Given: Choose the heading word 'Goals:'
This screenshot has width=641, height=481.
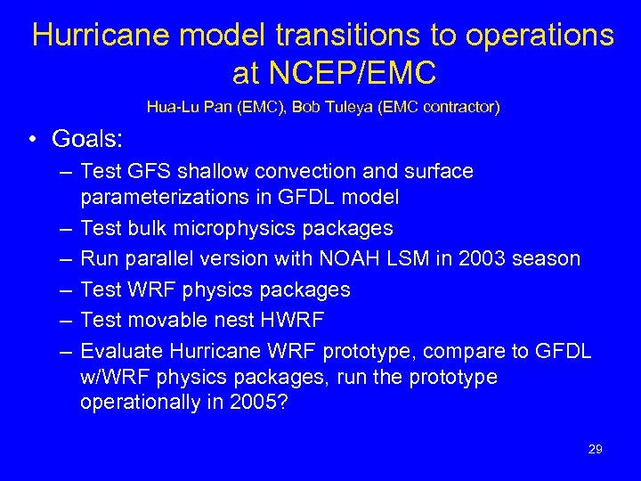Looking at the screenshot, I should pos(87,139).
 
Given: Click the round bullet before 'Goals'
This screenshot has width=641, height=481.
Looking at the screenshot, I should pos(31,140).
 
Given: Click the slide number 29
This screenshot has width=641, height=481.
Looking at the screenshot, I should pos(595,449).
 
